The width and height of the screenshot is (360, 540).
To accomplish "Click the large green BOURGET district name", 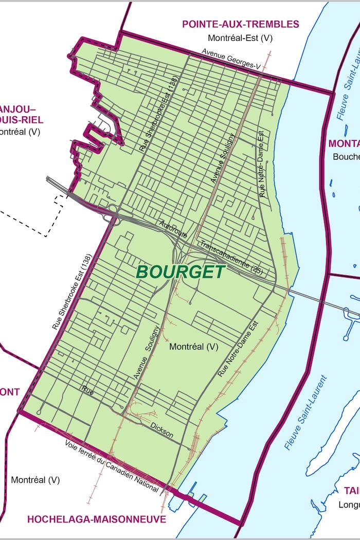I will point(181,272).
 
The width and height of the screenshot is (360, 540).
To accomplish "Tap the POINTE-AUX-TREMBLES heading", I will point(240,24).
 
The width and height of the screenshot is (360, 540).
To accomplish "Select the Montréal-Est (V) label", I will point(240,38).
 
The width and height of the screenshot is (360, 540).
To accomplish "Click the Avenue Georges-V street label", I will point(231,59).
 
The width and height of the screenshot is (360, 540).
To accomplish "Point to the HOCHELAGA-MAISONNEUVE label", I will point(97,519).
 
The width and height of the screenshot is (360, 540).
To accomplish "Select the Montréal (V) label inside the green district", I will point(194,347).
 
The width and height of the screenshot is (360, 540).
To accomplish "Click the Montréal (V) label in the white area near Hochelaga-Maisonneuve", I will point(35,480).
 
